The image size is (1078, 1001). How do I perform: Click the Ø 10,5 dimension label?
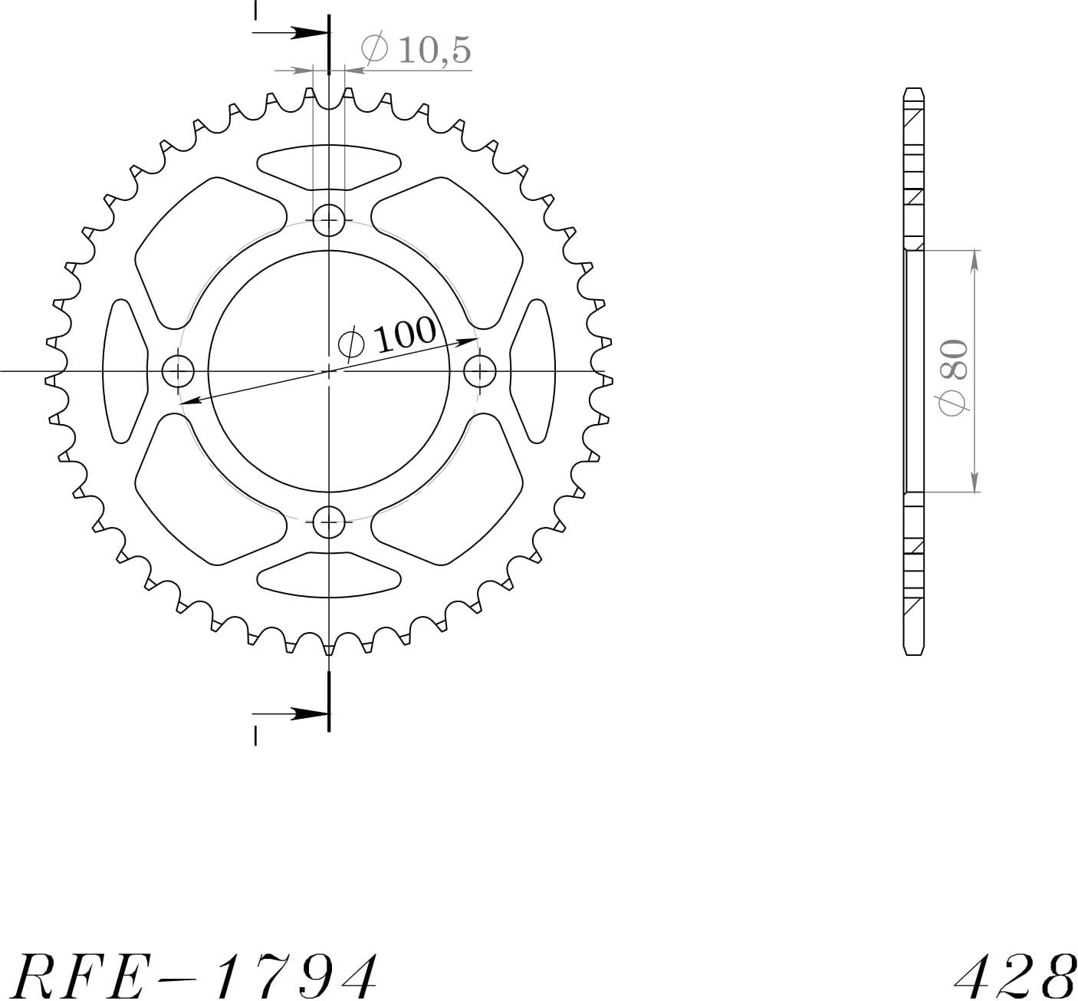point(416,51)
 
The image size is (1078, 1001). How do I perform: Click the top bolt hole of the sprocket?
point(329,220)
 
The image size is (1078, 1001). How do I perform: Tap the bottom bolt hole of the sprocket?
point(329,522)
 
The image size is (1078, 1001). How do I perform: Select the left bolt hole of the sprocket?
point(178,371)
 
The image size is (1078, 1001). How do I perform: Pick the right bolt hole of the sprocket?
point(480,371)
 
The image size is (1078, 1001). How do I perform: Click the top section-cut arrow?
point(291,32)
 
